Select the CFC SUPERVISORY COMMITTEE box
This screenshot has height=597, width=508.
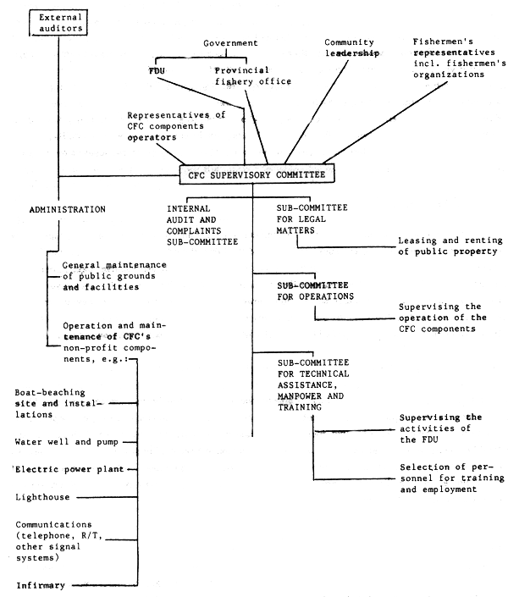[x=256, y=174]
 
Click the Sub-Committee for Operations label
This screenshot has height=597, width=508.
[x=316, y=290]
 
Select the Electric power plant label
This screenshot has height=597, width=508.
[x=70, y=468]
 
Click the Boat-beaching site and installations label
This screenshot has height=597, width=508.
[x=58, y=404]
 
